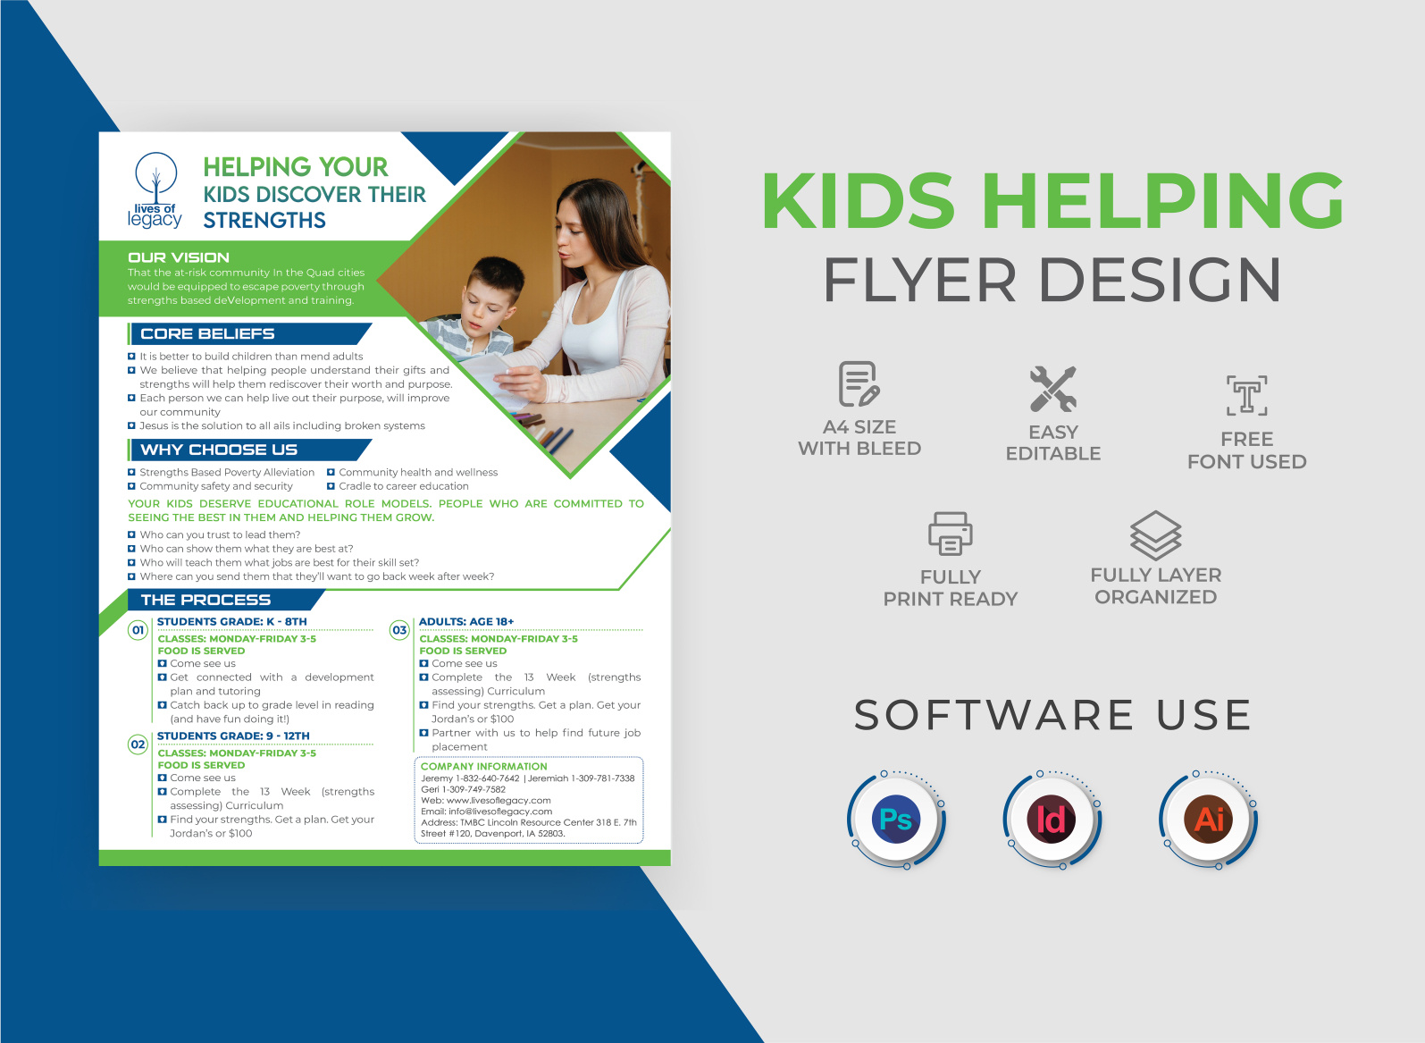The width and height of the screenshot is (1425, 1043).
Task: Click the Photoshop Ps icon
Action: (x=895, y=819)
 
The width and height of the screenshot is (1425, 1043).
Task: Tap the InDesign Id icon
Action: (x=1052, y=819)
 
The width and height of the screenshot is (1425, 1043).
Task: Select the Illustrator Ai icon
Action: (x=1209, y=819)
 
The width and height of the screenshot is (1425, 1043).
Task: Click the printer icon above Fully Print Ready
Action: (x=950, y=534)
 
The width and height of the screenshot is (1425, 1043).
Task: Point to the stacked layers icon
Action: (x=1155, y=534)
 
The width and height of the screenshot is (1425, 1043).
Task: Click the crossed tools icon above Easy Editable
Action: (x=1052, y=389)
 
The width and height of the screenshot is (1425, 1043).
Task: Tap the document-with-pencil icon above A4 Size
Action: (x=859, y=384)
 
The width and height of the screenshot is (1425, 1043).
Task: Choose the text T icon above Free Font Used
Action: (x=1246, y=395)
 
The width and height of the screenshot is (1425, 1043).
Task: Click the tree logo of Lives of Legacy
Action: (x=156, y=180)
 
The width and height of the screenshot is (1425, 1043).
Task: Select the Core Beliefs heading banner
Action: (x=208, y=334)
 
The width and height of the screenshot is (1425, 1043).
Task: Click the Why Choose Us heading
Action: (x=219, y=450)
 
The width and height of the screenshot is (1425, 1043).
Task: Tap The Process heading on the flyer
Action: (x=205, y=600)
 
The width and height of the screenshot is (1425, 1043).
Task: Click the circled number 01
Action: (x=138, y=630)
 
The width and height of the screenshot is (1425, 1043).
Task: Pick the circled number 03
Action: (x=399, y=630)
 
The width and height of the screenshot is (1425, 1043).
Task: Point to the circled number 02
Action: (x=138, y=744)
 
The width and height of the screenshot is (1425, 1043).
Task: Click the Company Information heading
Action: (x=483, y=766)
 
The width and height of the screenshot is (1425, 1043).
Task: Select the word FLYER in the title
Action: (x=919, y=280)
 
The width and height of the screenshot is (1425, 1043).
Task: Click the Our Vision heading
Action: (x=179, y=257)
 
